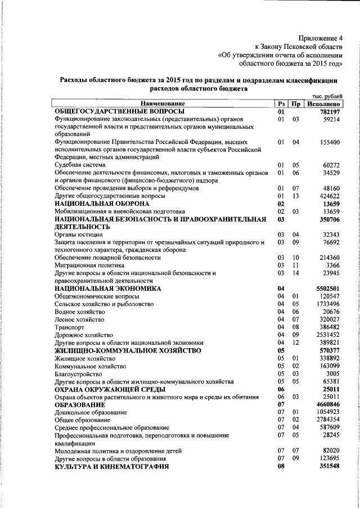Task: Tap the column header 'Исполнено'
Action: (x=323, y=104)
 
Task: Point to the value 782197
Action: (x=327, y=112)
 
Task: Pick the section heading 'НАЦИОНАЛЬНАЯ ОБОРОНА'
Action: (x=101, y=202)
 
